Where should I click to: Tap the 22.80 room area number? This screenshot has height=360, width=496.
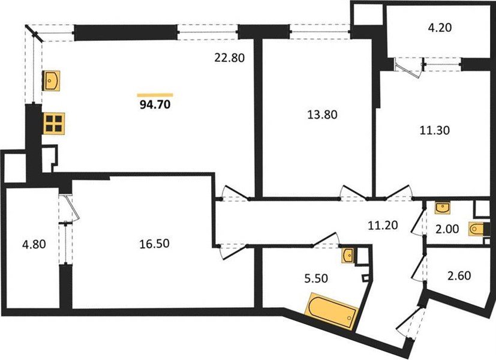pyautogui.click(x=230, y=58)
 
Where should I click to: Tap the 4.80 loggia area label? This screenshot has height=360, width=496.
pyautogui.click(x=33, y=245)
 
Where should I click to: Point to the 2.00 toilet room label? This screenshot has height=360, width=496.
pyautogui.click(x=447, y=229)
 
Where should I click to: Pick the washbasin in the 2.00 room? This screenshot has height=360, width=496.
pyautogui.click(x=443, y=207)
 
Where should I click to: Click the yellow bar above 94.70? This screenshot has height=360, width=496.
pyautogui.click(x=155, y=95)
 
